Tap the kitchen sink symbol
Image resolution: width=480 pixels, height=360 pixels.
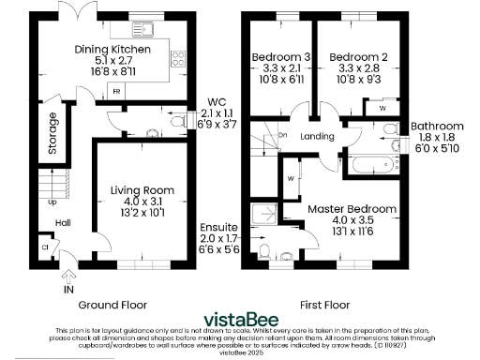pos(145,29)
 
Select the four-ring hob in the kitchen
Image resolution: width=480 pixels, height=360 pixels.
pos(177,58)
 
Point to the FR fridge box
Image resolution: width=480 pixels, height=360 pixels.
pos(116,92)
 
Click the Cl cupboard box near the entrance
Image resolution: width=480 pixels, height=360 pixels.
pos(44,247)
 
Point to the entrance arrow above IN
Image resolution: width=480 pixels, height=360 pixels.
pos(67,275)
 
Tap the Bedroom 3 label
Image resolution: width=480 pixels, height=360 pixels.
pos(276,57)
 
